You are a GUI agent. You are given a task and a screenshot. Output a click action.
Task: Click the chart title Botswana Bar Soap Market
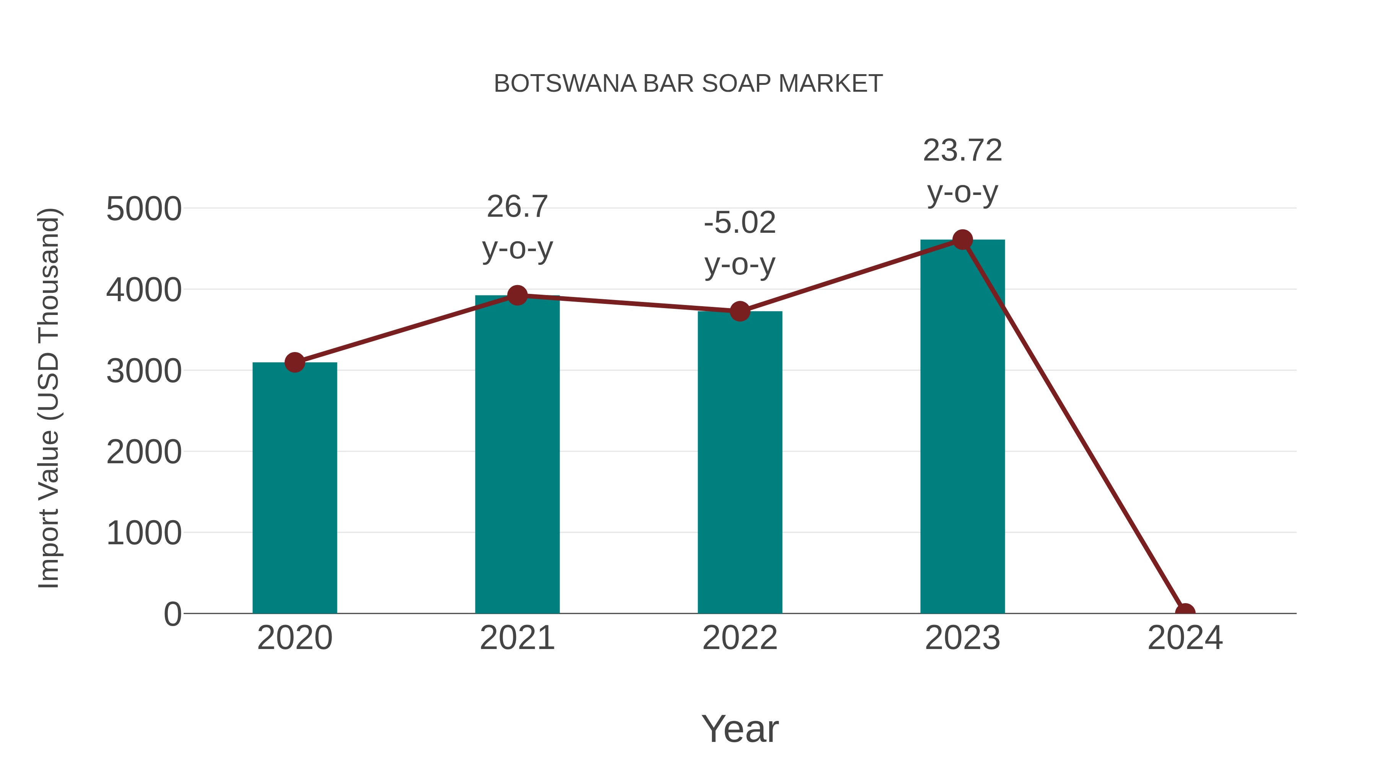click(x=688, y=84)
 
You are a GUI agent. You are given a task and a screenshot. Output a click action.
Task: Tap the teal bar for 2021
click(x=517, y=454)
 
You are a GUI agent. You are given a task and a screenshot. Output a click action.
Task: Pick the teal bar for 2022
click(x=739, y=462)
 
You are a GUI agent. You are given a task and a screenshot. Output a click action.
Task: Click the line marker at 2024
click(x=1185, y=612)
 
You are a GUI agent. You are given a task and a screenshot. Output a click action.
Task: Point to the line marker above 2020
click(x=295, y=363)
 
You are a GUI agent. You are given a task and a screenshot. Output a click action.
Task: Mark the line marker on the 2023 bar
click(x=962, y=240)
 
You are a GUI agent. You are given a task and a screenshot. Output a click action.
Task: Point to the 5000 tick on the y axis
click(x=144, y=209)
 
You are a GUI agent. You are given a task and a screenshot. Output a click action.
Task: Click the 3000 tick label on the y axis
click(x=144, y=371)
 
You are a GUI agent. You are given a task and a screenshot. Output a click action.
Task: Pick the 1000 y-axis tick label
click(x=144, y=533)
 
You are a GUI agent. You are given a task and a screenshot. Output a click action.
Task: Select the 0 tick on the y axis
click(x=172, y=614)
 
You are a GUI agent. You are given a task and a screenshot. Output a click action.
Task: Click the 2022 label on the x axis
click(x=739, y=638)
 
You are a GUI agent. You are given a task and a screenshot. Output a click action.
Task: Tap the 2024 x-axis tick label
click(x=1185, y=638)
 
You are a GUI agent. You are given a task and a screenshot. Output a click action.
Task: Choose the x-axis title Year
click(x=740, y=729)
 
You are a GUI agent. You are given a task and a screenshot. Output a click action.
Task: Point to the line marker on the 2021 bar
click(x=517, y=295)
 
